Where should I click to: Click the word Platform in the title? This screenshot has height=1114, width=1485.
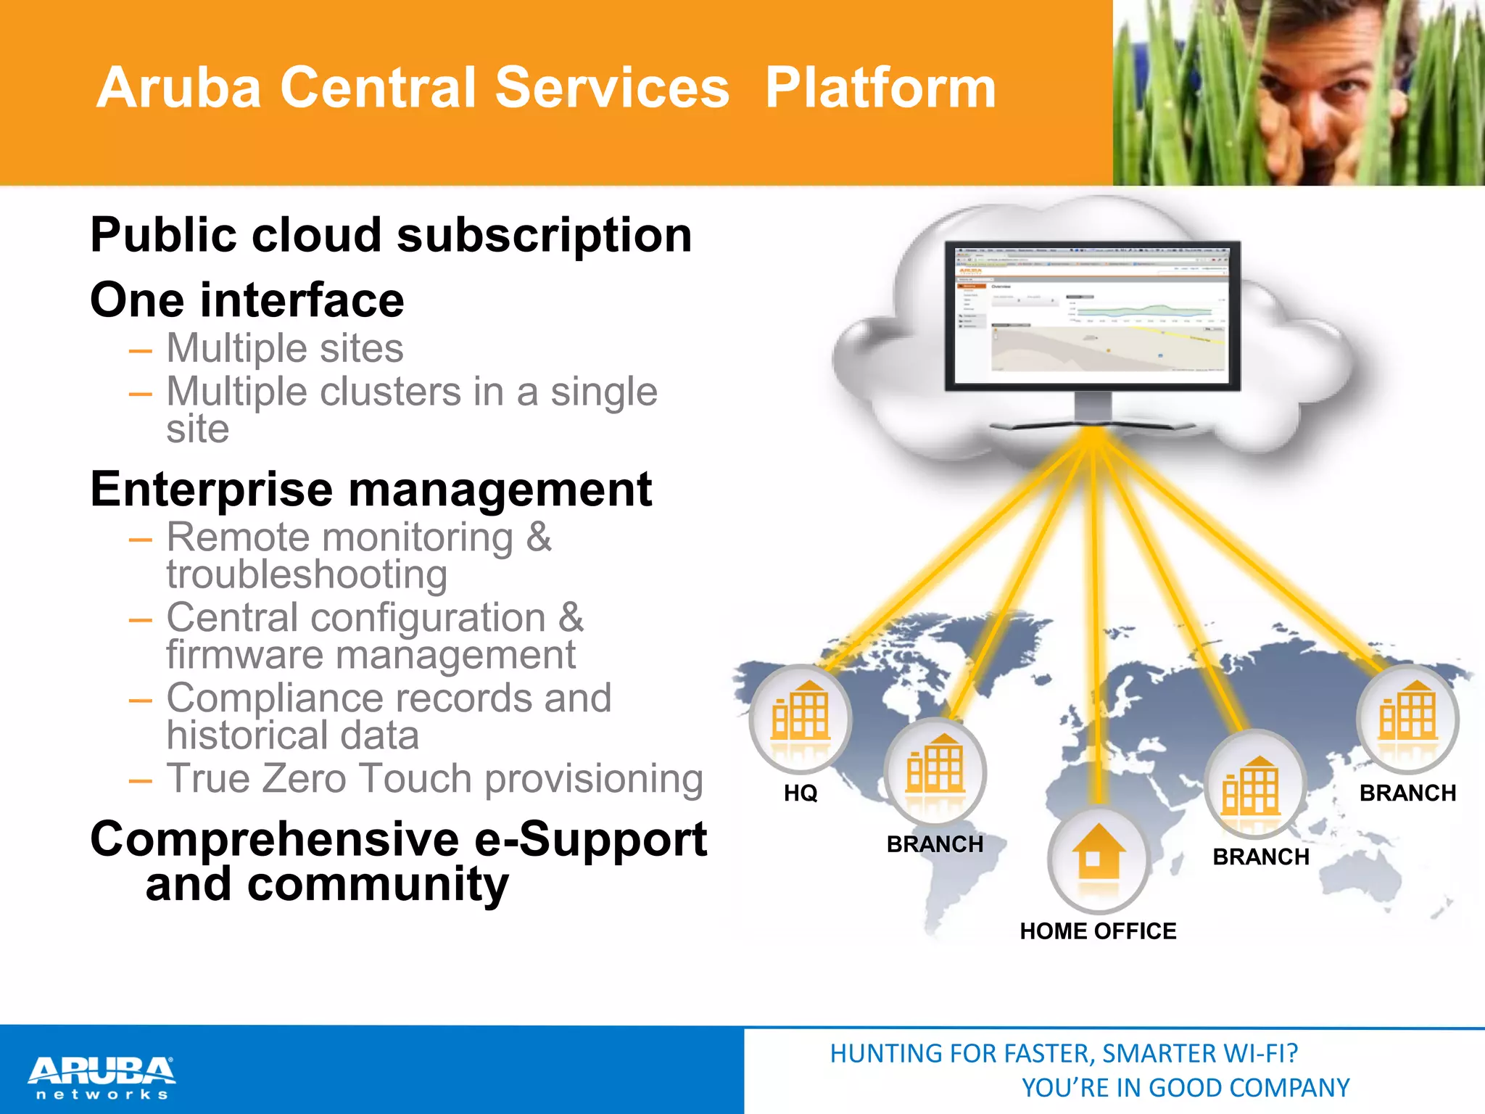[880, 88]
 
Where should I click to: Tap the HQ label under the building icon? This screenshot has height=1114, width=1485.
[801, 793]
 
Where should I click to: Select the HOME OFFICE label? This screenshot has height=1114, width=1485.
[1098, 931]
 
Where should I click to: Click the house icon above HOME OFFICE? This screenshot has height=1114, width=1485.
[1099, 856]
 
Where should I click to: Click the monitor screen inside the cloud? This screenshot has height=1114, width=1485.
[1092, 316]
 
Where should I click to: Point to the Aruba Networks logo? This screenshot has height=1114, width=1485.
[102, 1078]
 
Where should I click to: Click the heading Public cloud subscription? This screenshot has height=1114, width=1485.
[391, 236]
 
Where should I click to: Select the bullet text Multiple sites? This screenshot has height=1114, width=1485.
[285, 348]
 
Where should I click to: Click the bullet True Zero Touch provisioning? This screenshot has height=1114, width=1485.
[434, 779]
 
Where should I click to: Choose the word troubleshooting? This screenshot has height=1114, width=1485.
[307, 575]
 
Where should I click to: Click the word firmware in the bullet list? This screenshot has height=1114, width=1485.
[245, 655]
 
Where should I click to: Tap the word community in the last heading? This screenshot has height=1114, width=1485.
[378, 885]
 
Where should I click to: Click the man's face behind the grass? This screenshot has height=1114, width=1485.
[1320, 94]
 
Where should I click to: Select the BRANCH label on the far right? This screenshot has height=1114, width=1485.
[1407, 793]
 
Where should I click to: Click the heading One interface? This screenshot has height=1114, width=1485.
[247, 300]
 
